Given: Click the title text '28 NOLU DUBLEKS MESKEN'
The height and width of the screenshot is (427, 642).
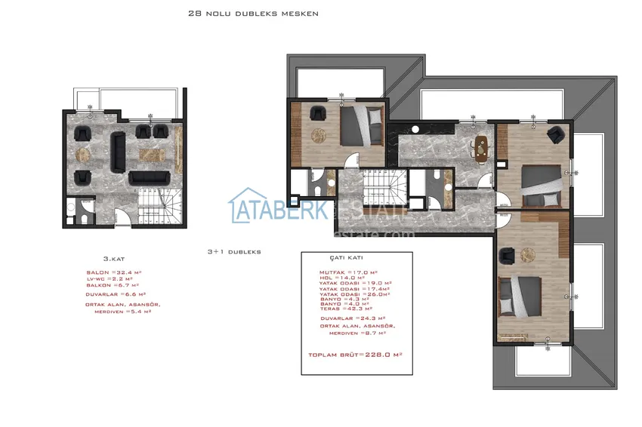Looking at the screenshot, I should [253, 14].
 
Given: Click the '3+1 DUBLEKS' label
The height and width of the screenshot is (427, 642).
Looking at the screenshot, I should [233, 252].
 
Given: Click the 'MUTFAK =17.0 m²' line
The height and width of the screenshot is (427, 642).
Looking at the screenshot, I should [348, 272].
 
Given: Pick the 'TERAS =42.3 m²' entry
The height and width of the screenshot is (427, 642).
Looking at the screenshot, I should [348, 309].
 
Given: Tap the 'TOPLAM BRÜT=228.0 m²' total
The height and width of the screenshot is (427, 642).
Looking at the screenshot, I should [355, 354].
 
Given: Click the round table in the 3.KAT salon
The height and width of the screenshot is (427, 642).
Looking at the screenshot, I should [82, 154].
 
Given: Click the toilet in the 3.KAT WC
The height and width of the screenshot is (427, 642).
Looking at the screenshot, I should [84, 218].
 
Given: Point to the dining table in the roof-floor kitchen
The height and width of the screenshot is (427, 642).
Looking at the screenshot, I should [480, 145].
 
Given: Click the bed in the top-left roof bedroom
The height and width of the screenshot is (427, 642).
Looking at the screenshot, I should [362, 126].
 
